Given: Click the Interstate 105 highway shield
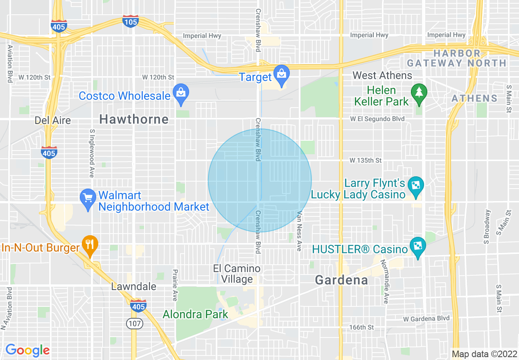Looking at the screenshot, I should (131, 21).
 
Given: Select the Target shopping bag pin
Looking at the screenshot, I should (281, 74).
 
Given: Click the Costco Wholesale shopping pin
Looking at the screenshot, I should (181, 93).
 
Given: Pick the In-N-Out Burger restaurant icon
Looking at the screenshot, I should (89, 245).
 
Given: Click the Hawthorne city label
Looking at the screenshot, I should (134, 119).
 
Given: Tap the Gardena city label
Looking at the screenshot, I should (341, 280).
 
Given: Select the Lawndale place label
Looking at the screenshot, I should (134, 286).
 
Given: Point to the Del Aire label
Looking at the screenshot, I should (53, 120).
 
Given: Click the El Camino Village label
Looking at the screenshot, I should (237, 274).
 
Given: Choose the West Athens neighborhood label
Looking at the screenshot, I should (382, 76).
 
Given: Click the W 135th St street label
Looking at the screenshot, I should (366, 160).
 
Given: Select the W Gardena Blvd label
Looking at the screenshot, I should (426, 318).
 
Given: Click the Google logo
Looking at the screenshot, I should (27, 350).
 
